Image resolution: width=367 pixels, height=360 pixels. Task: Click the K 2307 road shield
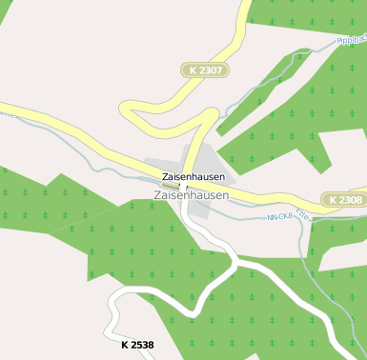coord(205,70)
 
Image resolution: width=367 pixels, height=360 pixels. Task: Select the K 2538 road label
coord(137,344)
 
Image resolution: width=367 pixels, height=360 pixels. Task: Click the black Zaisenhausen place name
coord(194,177)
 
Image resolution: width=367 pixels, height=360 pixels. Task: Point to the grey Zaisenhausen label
coord(191,195)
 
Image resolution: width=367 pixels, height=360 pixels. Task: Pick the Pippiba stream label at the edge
coord(351,41)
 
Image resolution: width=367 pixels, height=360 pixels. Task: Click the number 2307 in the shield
coord(211,70)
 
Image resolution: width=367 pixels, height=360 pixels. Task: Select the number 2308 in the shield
coord(349,200)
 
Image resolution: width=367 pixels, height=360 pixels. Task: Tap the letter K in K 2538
coord(125,344)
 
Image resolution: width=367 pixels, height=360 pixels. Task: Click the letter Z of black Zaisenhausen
coord(166,177)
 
